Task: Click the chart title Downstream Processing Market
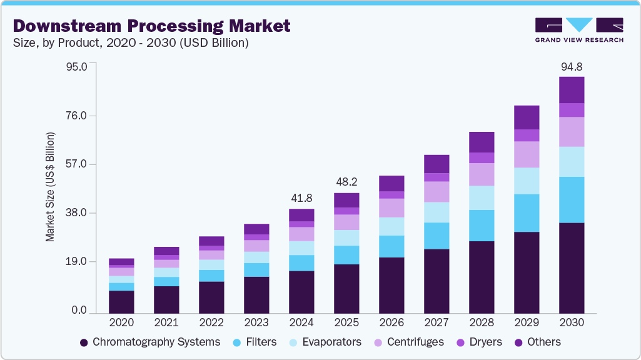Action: [x=151, y=26]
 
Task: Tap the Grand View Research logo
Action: [x=579, y=30]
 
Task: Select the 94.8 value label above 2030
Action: [x=571, y=66]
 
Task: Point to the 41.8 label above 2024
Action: [x=301, y=198]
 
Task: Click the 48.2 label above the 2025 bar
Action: [x=346, y=182]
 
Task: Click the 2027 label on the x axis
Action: [x=437, y=323]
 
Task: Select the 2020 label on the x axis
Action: [x=121, y=323]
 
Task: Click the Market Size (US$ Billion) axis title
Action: [x=49, y=187]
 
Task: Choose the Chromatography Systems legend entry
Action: [x=150, y=342]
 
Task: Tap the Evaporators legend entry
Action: [x=325, y=342]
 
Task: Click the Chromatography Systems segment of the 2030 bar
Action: [x=572, y=267]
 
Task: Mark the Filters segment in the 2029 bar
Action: [x=527, y=213]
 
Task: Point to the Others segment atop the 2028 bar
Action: [x=482, y=142]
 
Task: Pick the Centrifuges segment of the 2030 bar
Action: [x=572, y=132]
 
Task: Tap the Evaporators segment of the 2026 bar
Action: [x=391, y=226]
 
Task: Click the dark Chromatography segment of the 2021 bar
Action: [x=166, y=299]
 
